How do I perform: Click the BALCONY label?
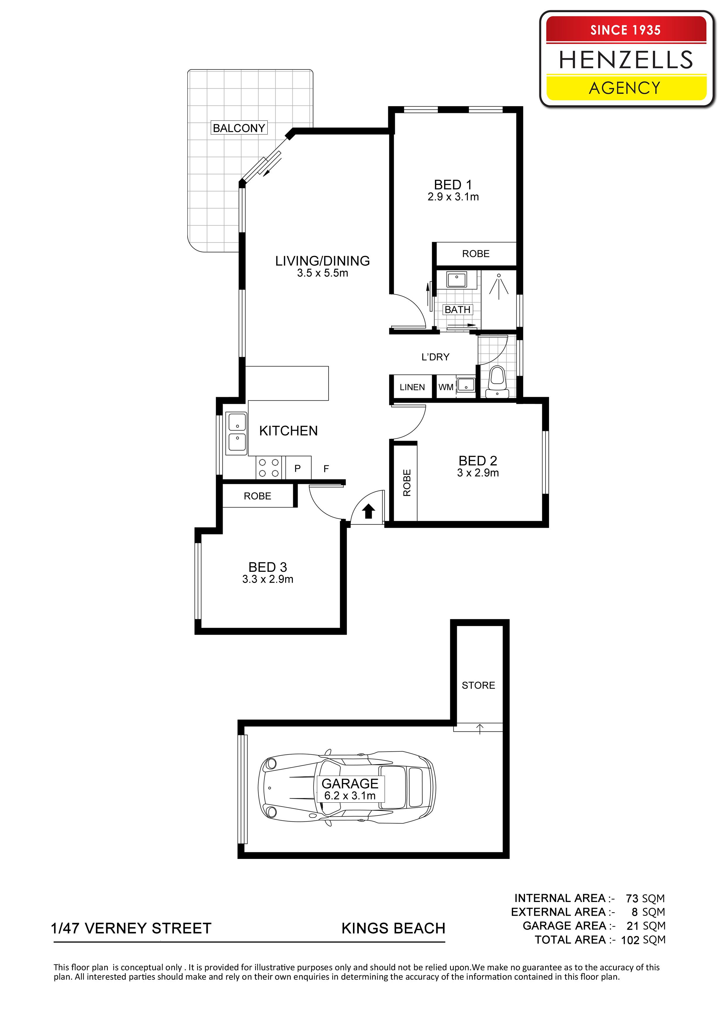pyautogui.click(x=239, y=128)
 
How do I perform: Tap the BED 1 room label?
pyautogui.click(x=453, y=184)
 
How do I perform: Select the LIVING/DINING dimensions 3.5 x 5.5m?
pyautogui.click(x=322, y=273)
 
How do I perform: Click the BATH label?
pyautogui.click(x=457, y=309)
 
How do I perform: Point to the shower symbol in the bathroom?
pyautogui.click(x=499, y=284)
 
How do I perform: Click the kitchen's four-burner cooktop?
pyautogui.click(x=269, y=468)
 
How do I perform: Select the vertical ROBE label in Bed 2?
pyautogui.click(x=407, y=483)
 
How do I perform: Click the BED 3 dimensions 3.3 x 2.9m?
pyautogui.click(x=268, y=579)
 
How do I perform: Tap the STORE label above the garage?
pyautogui.click(x=478, y=685)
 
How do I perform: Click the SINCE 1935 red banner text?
pyautogui.click(x=625, y=30)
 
